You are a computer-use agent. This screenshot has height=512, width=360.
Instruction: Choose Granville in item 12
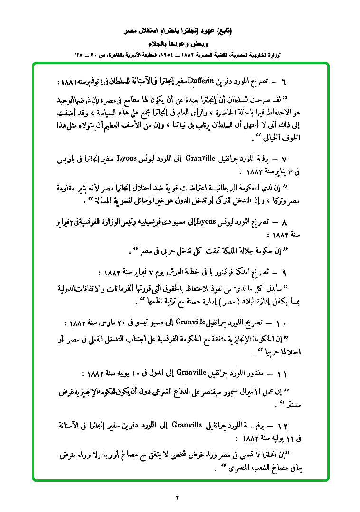[x=187, y=423]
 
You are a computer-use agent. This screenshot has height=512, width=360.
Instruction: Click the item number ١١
[x=284, y=374]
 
